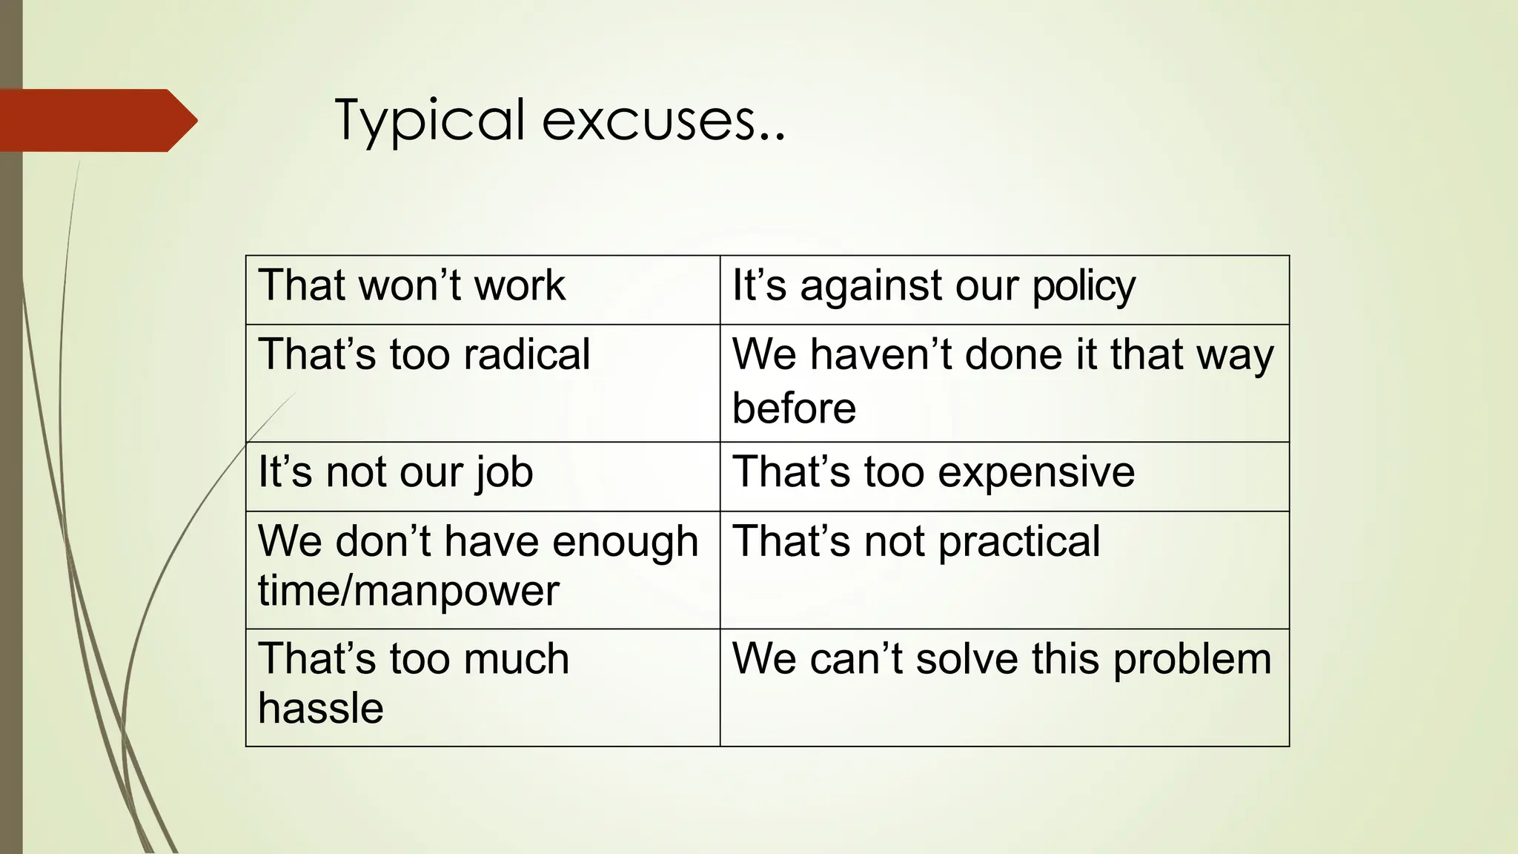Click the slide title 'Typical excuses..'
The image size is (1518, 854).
[560, 121]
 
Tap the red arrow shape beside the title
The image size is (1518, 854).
[96, 120]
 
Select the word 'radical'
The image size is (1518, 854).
[526, 354]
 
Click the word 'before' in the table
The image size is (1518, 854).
[794, 408]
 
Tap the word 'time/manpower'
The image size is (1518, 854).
[408, 592]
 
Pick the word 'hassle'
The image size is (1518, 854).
[321, 708]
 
